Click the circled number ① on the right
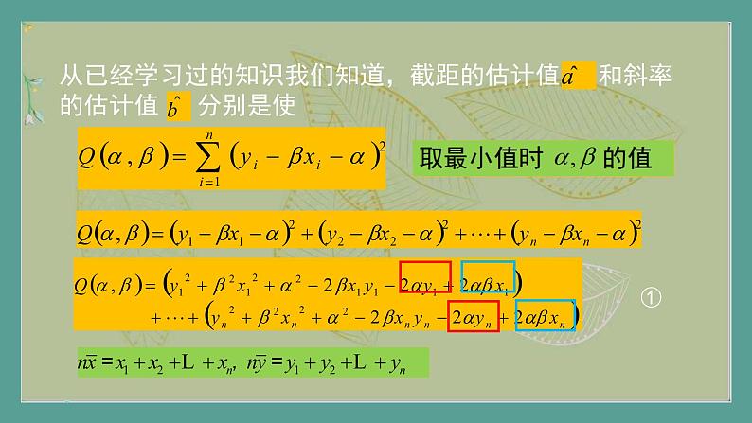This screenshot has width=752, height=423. coord(650,297)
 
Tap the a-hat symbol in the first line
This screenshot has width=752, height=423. coord(577,75)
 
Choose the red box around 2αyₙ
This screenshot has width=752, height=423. coord(473,316)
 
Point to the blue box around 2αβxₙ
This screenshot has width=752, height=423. coord(543,316)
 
